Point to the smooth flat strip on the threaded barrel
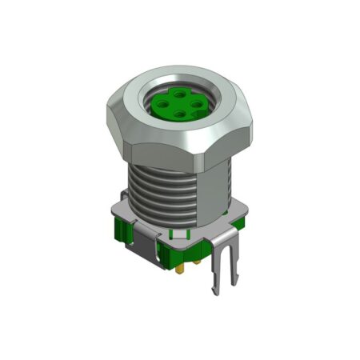[212, 192]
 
